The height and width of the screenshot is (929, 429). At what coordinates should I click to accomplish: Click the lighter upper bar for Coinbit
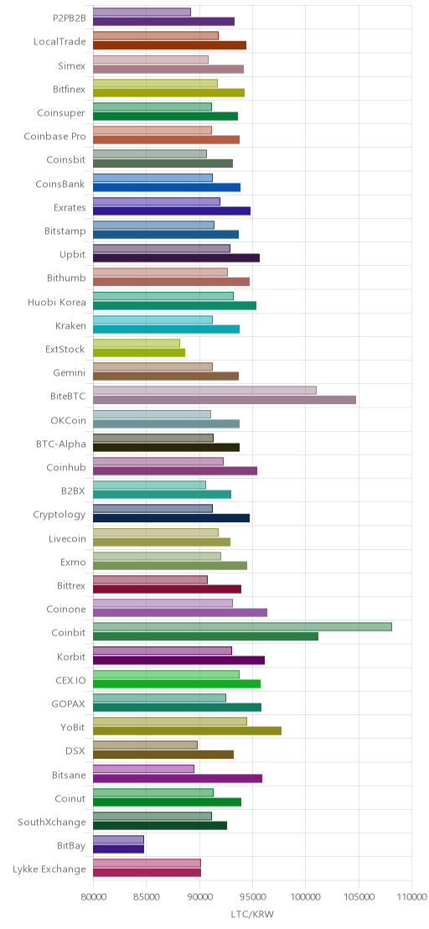click(243, 627)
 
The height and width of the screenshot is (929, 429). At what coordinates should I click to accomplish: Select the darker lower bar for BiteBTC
click(225, 400)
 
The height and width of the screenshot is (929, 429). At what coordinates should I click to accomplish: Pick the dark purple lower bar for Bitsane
click(178, 779)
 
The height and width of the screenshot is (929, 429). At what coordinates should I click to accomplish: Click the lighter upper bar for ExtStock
click(137, 343)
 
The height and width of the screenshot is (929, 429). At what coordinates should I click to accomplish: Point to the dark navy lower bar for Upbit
click(176, 257)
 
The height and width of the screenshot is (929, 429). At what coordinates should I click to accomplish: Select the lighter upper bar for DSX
click(146, 745)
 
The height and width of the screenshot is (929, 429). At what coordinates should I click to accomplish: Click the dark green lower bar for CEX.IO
click(177, 683)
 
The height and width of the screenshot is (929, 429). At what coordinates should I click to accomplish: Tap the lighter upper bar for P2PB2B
click(142, 12)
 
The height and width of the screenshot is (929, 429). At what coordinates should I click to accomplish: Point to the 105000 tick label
click(359, 895)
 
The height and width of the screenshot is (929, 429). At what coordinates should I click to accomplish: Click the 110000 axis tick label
click(411, 895)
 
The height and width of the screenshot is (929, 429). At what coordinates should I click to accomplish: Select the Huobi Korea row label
click(57, 302)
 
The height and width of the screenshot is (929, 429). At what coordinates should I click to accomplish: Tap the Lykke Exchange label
click(49, 869)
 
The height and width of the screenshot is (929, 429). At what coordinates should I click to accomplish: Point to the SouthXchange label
click(52, 823)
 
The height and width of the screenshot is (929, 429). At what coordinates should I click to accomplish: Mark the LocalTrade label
click(59, 41)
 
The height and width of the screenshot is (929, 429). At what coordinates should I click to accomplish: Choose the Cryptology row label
click(59, 515)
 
